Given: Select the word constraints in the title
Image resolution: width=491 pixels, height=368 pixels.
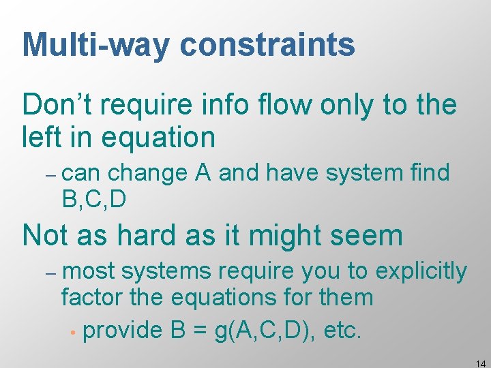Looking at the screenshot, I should (267, 45).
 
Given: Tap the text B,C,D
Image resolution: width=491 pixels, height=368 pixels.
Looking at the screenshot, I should (93, 199).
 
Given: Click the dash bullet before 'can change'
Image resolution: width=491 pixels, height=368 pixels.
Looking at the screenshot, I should (52, 175).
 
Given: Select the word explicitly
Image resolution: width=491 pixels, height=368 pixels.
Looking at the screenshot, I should (421, 272).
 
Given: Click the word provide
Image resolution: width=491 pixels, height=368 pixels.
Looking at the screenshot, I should (121, 331).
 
